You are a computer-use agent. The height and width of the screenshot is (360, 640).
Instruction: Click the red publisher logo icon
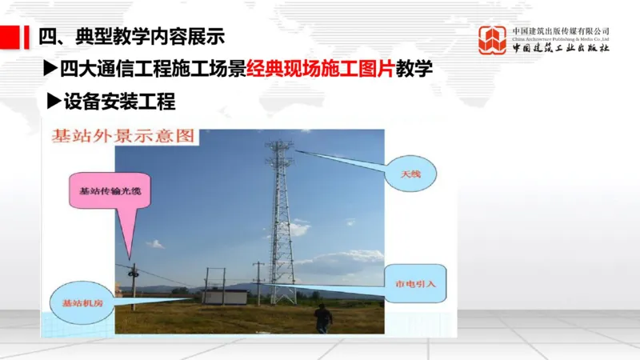point(493,40)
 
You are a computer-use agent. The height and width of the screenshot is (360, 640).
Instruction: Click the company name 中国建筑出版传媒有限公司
point(561,31)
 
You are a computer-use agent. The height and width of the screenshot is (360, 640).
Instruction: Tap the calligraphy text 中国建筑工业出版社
point(560,49)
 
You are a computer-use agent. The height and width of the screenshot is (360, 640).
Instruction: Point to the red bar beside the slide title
point(10,36)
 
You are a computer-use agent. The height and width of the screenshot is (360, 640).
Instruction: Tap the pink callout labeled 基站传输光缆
point(104,192)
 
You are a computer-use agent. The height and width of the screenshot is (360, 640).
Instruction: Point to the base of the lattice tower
point(282,298)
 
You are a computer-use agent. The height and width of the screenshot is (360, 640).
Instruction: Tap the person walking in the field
point(322,318)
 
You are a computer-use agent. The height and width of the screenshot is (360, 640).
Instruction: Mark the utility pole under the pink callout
point(134,288)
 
